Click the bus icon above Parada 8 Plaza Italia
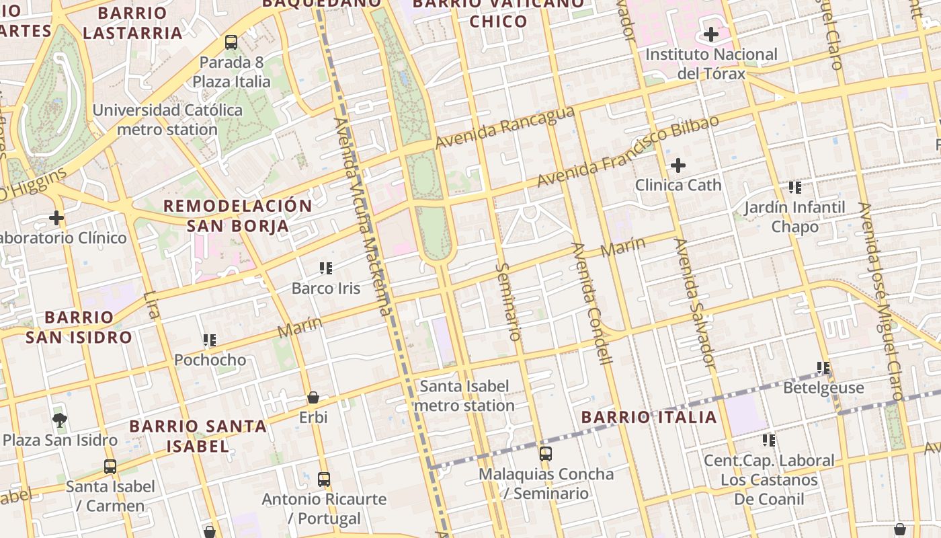point(231,42)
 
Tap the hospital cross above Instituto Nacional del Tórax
point(710,34)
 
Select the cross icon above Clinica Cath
point(678,165)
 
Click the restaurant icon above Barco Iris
point(326,268)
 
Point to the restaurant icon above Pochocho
point(210,340)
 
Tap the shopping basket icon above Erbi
point(313,397)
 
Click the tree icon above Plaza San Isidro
point(60,420)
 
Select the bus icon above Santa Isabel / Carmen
point(110,466)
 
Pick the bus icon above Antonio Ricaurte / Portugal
point(324,479)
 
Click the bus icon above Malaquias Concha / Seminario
point(546,454)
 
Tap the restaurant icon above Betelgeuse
point(823,368)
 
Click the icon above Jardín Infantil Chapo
point(795,187)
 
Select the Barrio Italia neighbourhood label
point(649,417)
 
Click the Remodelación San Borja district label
point(238,216)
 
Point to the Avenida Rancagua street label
point(505,128)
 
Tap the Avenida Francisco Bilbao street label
point(628,151)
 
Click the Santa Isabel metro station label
point(464,396)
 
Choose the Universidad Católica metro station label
point(167,120)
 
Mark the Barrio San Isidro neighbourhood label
point(79,327)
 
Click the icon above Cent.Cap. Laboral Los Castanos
point(769,440)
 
